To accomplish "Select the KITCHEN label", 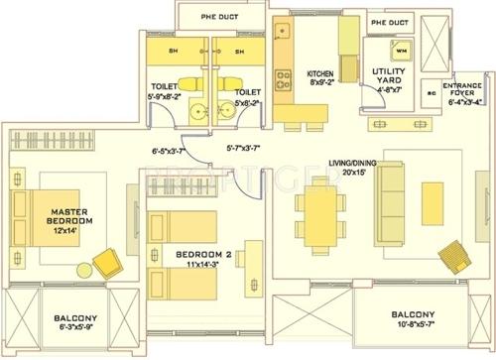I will tap(320, 74).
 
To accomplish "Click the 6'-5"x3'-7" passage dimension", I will tap(170, 152).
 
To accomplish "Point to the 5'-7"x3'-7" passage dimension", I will tap(243, 150).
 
